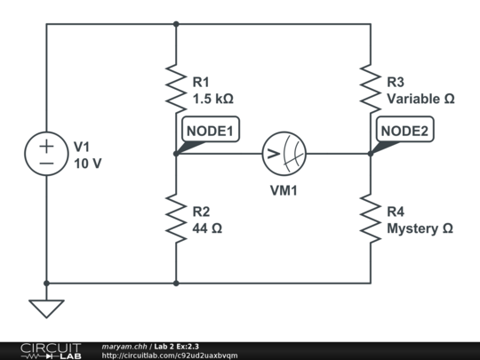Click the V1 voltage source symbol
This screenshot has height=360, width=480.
(46, 154)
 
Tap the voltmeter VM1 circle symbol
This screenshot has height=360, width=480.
(282, 154)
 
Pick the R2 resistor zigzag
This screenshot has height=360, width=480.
(176, 219)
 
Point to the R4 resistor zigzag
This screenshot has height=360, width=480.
(371, 219)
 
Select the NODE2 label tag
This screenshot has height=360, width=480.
(405, 132)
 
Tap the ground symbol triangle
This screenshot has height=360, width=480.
(46, 308)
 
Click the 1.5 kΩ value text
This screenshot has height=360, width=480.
(213, 99)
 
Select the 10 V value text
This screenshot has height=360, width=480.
(88, 164)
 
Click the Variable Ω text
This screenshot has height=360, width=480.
(420, 99)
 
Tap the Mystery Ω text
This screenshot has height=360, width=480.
(420, 228)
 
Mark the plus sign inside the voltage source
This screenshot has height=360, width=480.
(46, 145)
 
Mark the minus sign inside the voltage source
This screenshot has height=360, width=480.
(46, 164)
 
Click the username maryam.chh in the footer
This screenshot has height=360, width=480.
(124, 346)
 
